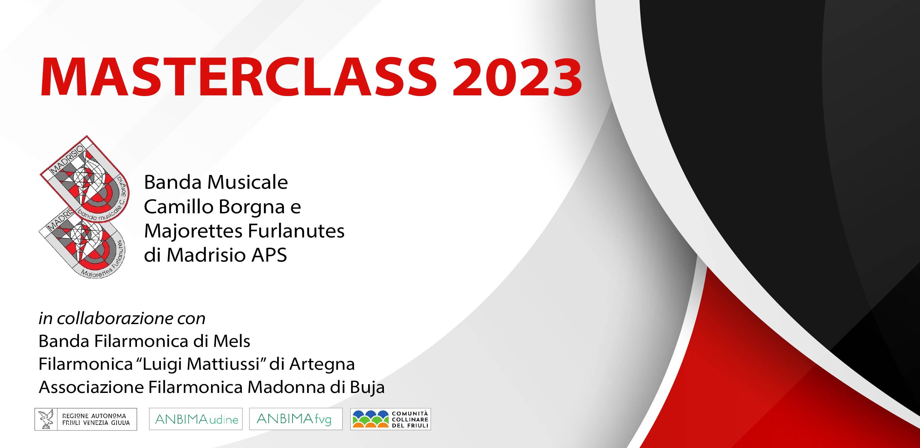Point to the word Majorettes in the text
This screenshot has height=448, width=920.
pos(193,231)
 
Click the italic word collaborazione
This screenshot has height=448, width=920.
pos(116,318)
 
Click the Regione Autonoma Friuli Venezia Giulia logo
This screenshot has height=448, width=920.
pos(86,419)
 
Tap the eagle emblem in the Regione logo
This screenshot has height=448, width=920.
pos(46,419)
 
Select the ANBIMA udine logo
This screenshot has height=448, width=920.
pos(196,419)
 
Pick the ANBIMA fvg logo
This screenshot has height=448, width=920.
pos(296,419)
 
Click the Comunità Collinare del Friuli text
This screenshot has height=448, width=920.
pos(410,419)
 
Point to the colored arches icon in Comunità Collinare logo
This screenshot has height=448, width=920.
pos(371,419)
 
